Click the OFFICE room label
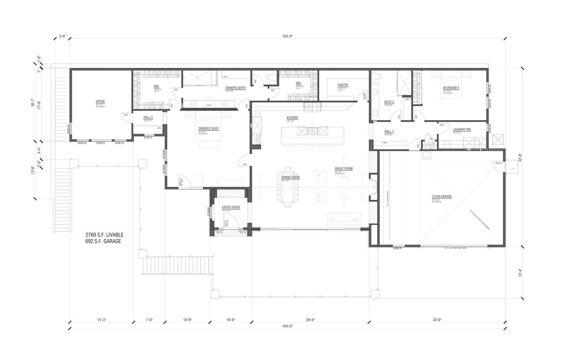point(100,101)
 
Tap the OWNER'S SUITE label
point(208,128)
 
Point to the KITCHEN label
point(293,118)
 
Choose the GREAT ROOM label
point(344,169)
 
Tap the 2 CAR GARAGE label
point(442,196)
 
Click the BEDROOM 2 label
point(451,88)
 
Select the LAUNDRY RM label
point(462,129)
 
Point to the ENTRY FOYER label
point(231,207)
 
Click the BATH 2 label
point(389,102)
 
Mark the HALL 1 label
point(389,131)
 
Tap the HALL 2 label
point(148,117)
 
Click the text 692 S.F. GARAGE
point(103,241)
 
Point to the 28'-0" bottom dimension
point(310,320)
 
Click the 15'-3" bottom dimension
point(101,320)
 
